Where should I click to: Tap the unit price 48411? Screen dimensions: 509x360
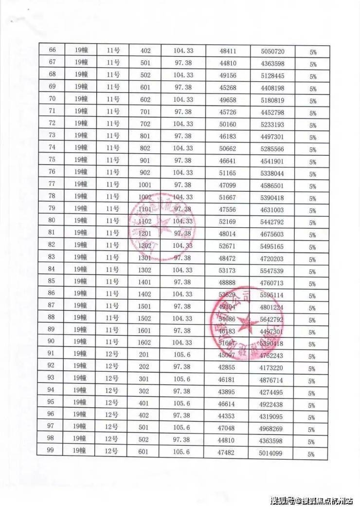(x=228, y=51)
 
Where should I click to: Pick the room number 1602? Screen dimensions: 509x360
(x=145, y=343)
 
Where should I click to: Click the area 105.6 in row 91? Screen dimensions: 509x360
(x=182, y=355)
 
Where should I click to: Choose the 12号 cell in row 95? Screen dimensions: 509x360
(x=112, y=403)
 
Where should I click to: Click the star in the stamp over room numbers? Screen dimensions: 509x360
(x=159, y=227)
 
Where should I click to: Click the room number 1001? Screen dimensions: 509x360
(x=145, y=185)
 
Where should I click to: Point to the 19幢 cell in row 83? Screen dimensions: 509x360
(x=80, y=257)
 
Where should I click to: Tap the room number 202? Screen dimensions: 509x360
(x=145, y=367)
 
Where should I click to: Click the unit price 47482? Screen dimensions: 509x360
(x=228, y=453)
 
